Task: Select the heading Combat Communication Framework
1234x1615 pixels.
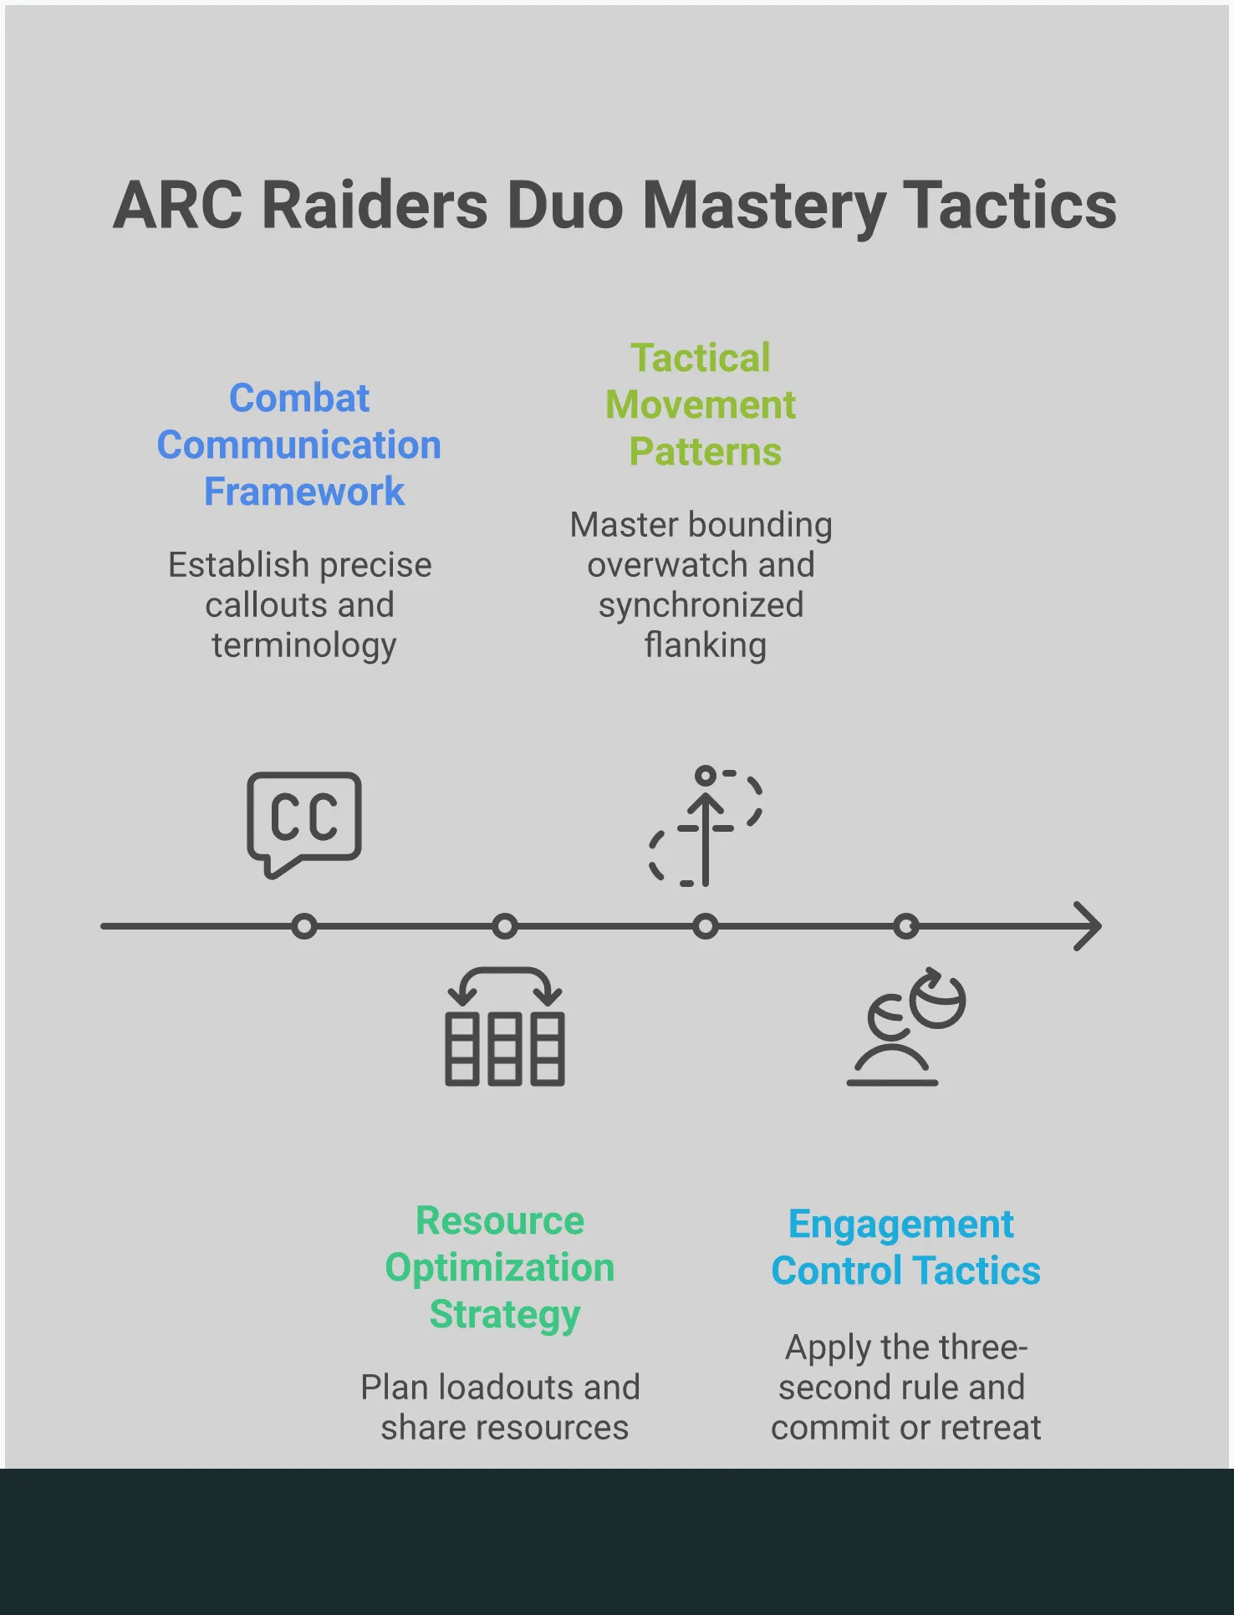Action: [x=299, y=445]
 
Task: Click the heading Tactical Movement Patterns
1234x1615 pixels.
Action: [x=701, y=405]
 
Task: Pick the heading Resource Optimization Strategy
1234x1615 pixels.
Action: [x=500, y=1267]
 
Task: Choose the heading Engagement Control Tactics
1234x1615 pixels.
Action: [x=905, y=1247]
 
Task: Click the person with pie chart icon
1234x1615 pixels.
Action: [x=906, y=1028]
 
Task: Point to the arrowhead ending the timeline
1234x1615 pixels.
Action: [x=1089, y=926]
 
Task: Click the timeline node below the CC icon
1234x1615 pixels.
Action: [x=304, y=926]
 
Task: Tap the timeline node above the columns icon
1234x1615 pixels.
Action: [x=505, y=926]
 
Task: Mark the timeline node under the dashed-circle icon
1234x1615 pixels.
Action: [x=706, y=926]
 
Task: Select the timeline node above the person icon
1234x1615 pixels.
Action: [x=906, y=926]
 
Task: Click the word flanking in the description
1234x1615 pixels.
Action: [x=705, y=645]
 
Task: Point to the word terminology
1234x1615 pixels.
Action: [x=303, y=645]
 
